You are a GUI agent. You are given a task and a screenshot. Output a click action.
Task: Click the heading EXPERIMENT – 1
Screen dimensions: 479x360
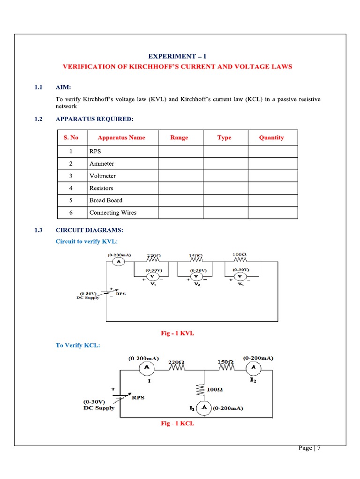coord(177,56)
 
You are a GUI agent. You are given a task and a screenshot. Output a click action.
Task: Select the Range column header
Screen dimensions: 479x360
coord(180,138)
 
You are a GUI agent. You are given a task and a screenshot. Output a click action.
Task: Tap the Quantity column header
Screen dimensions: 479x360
coord(271,138)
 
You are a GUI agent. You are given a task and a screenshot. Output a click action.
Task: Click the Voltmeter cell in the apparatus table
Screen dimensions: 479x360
coord(103,176)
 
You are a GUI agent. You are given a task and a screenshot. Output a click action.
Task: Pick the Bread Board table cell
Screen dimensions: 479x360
coord(106,200)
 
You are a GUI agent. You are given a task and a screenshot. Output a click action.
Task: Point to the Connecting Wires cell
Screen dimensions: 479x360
coord(113,212)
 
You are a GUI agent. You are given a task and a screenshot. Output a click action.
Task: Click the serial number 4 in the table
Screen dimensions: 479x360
coord(71,188)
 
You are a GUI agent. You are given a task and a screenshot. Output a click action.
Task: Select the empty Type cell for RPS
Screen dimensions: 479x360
coord(225,152)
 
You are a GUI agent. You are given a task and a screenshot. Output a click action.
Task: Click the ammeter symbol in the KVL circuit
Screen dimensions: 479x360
coord(119,262)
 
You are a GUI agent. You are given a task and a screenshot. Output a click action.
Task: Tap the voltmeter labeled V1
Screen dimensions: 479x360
coord(153,276)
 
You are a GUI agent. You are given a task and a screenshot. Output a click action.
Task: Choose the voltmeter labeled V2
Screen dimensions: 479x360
coord(196,276)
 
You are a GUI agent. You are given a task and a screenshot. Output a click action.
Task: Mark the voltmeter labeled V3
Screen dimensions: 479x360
coord(240,276)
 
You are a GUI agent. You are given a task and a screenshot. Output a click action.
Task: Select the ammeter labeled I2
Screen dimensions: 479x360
coord(254,368)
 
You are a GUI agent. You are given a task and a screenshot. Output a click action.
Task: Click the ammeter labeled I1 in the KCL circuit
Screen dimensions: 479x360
coord(204,408)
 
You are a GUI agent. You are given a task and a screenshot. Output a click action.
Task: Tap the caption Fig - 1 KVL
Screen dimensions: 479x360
coord(177,333)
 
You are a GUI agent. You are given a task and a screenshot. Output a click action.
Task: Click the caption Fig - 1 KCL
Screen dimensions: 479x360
coord(177,423)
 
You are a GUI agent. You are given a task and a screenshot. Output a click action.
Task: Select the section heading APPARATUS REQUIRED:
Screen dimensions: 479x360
coord(94,119)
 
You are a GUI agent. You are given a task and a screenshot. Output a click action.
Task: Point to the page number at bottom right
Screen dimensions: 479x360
coord(309,448)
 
